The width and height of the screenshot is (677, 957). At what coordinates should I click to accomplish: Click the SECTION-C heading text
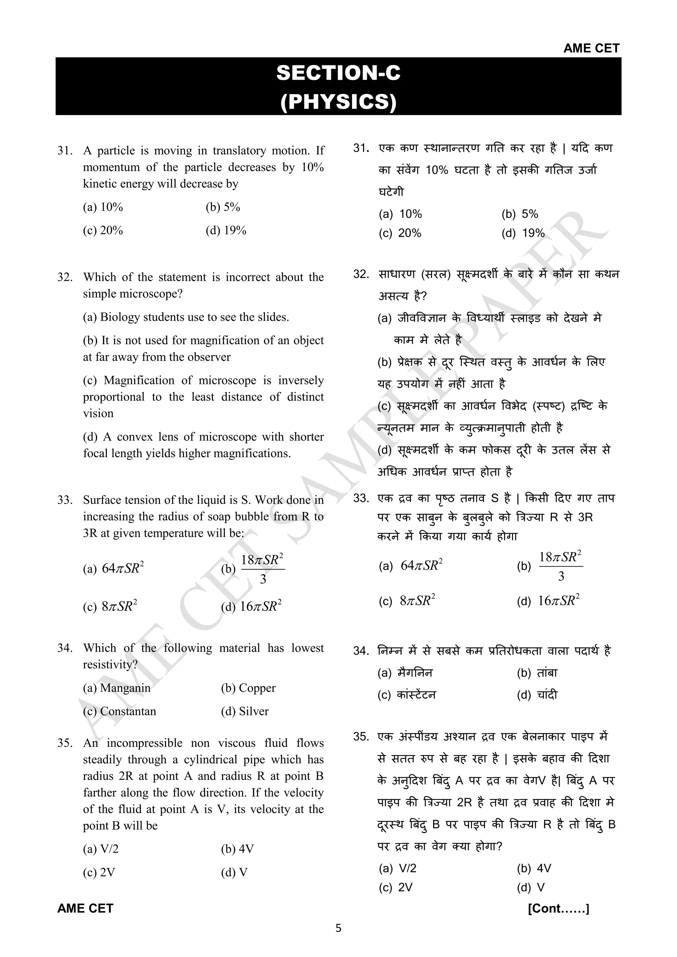coord(338,73)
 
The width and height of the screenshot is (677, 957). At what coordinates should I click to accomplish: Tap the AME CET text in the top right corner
coord(591,48)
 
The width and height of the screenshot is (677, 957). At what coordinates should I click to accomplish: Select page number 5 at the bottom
coord(338,928)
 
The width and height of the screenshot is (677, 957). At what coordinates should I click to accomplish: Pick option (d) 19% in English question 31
coord(226,230)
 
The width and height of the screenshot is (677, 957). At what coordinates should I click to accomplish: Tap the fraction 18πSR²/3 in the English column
coord(262,569)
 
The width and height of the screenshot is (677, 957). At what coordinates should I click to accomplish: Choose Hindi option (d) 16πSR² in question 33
coord(548,601)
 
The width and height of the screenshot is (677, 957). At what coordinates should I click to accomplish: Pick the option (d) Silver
coord(245,711)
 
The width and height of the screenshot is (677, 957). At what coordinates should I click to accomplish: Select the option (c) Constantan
coord(120,711)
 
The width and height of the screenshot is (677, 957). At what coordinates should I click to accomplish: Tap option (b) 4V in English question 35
coord(237,849)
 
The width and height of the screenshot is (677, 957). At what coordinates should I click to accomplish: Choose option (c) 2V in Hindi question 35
coord(395,887)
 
